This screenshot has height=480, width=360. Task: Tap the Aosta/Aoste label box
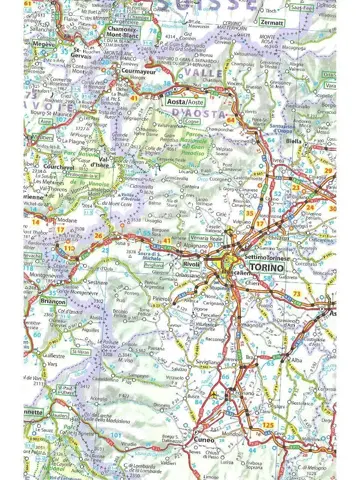point(190,102)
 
